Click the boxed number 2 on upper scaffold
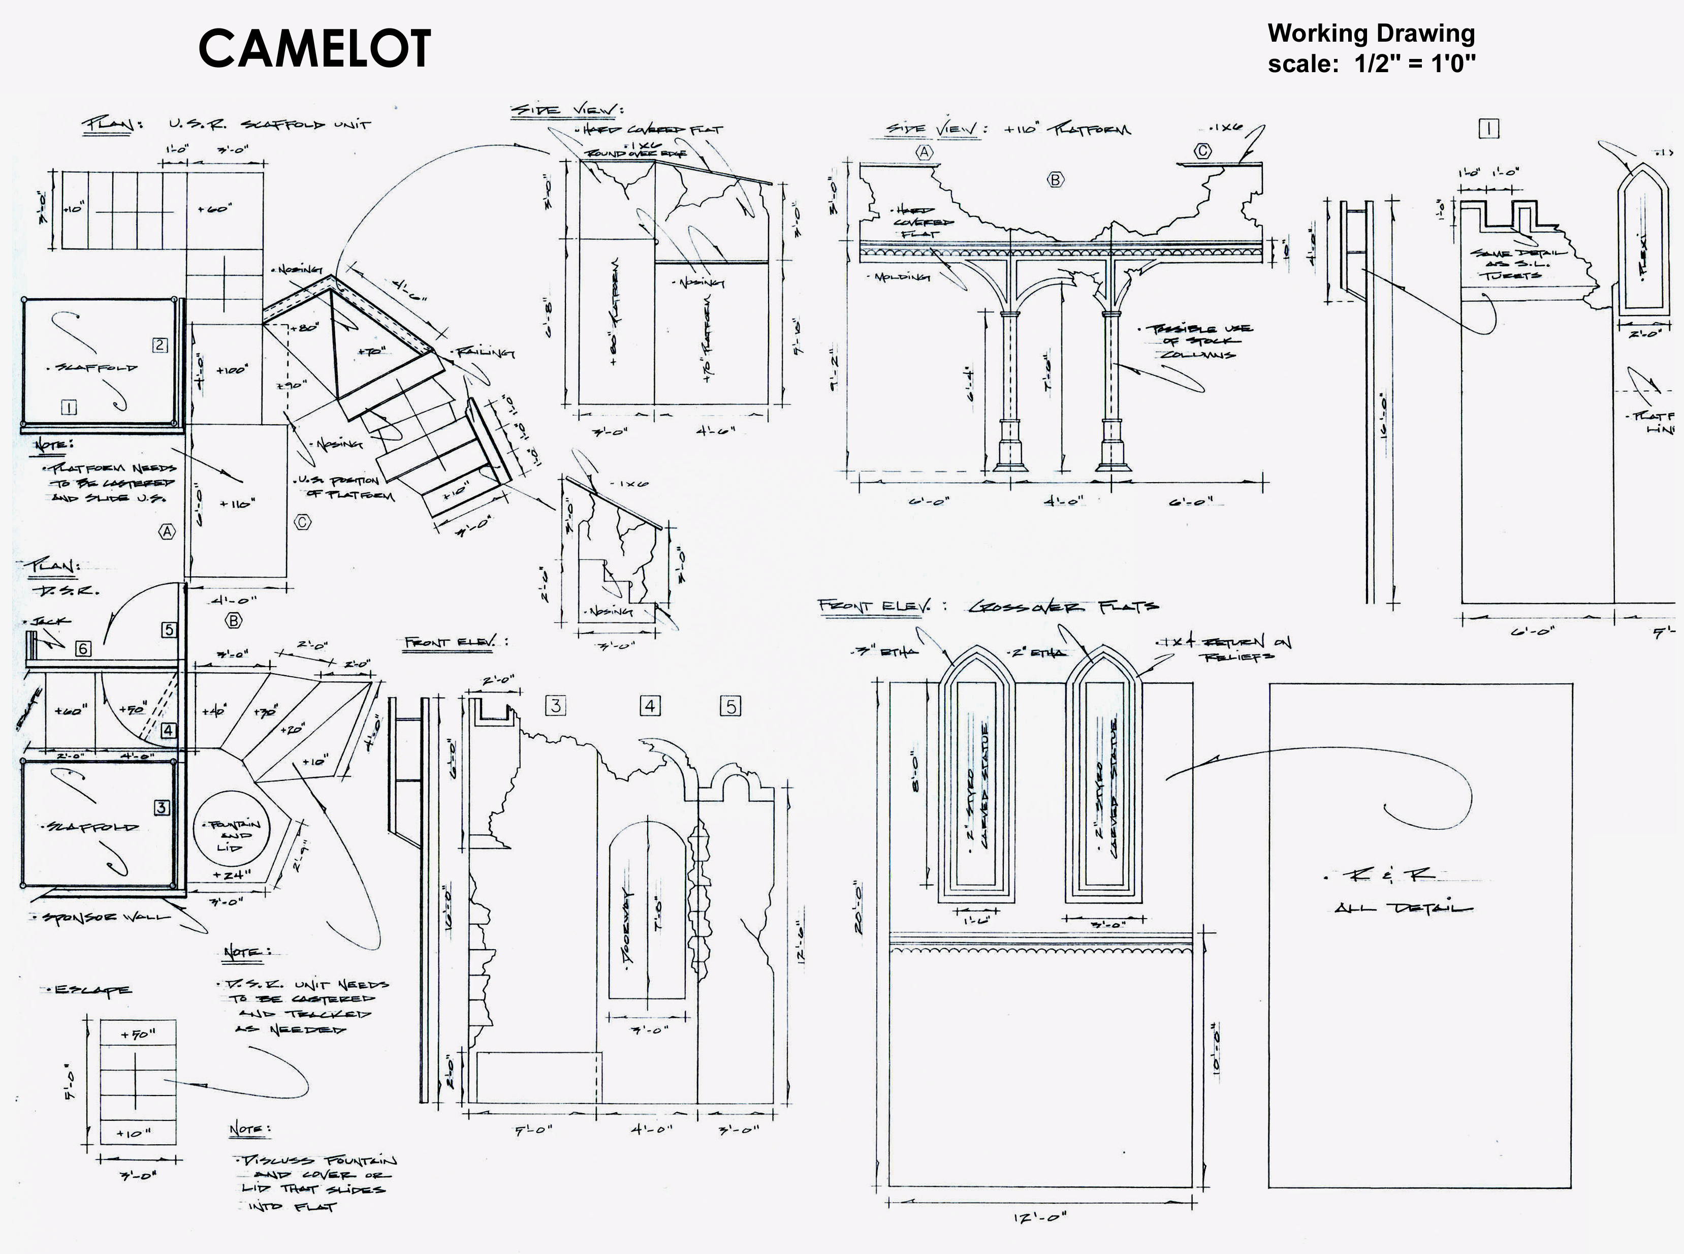point(160,346)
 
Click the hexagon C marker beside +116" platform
point(302,522)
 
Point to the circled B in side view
point(1055,180)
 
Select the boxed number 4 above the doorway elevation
point(650,706)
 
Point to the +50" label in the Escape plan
point(137,1034)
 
